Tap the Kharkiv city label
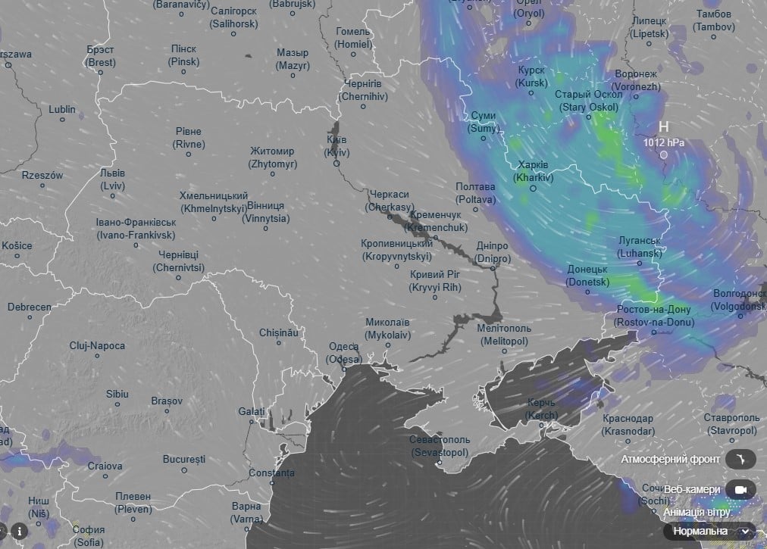point(534,171)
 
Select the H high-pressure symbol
point(663,126)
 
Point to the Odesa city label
point(343,352)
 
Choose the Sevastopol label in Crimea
point(439,445)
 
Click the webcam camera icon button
point(740,490)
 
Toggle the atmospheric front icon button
point(740,459)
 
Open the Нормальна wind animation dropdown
point(709,531)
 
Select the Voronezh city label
point(637,80)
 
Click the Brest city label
point(101,57)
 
